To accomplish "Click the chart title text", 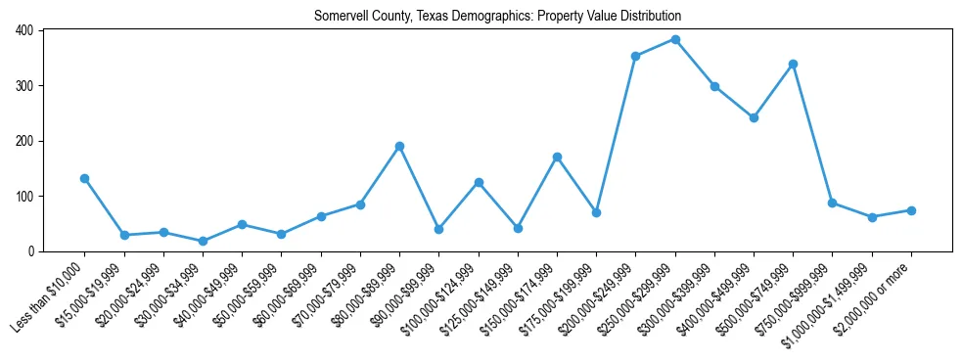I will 497,16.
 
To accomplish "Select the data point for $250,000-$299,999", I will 675,40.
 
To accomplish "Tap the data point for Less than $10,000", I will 85,179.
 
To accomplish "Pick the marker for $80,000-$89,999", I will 399,147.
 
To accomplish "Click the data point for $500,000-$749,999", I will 793,65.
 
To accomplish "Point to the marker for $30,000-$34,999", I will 203,241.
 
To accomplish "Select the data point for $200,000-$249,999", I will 635,57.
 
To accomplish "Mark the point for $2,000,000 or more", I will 911,210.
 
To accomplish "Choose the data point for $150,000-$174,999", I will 557,158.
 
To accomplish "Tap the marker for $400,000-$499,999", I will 754,118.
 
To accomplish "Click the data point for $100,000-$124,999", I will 479,182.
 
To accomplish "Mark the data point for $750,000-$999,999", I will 832,203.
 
